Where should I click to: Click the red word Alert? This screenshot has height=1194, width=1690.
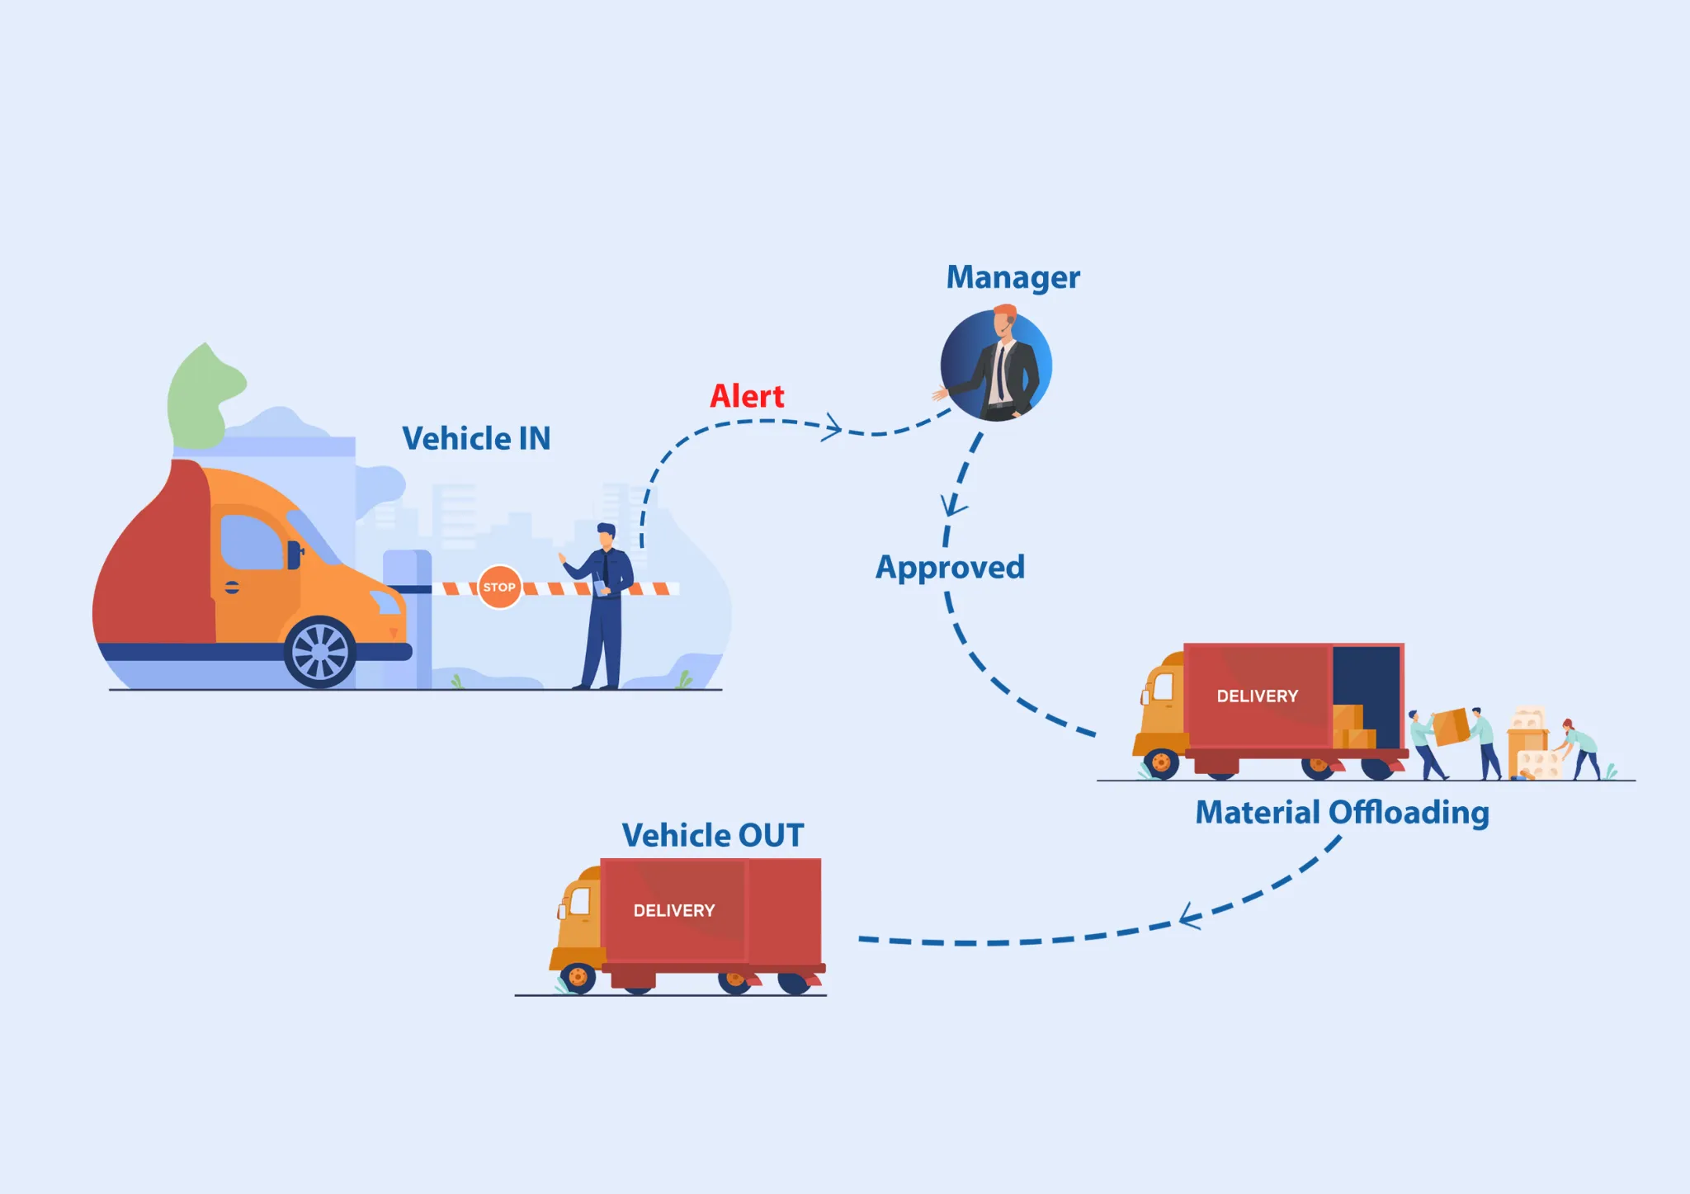[x=747, y=397]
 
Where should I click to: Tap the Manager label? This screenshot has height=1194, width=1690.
[x=1013, y=278]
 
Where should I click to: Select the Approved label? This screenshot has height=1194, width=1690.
[x=950, y=568]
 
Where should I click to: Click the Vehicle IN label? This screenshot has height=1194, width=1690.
[x=476, y=439]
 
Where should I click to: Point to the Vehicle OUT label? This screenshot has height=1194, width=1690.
[x=712, y=835]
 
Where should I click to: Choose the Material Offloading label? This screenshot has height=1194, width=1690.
[x=1342, y=813]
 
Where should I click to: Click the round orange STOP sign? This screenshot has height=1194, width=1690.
[x=499, y=587]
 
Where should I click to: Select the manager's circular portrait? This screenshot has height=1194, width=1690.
[x=997, y=365]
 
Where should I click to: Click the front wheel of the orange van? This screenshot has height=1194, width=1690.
[x=320, y=652]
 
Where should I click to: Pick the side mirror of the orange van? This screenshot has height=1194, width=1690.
[x=294, y=555]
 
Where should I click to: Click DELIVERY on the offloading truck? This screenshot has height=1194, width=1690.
[x=1257, y=696]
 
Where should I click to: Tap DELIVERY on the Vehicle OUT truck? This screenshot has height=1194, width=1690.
[x=673, y=911]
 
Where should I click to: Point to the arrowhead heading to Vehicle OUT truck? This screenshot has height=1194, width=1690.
[x=1188, y=917]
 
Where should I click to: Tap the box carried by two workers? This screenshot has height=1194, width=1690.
[x=1450, y=727]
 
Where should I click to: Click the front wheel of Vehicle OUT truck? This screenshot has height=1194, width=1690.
[x=578, y=978]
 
